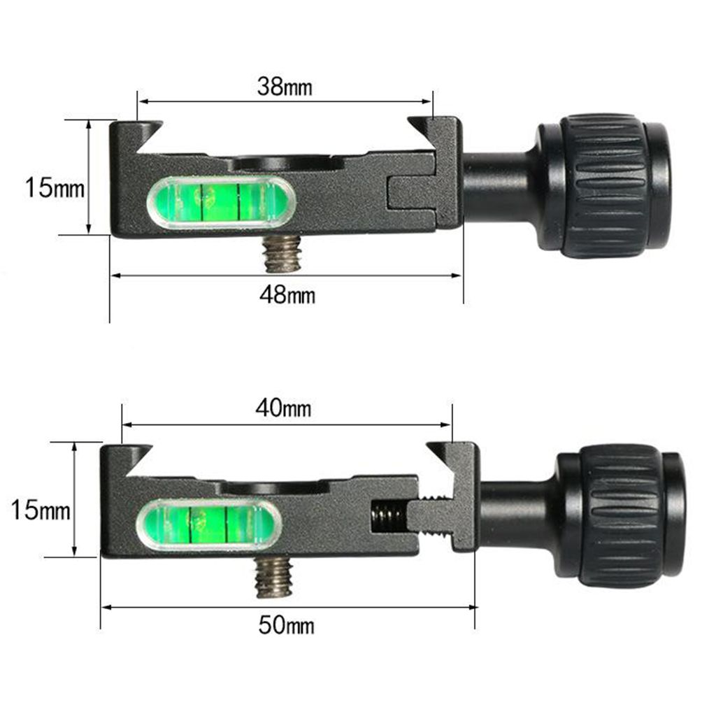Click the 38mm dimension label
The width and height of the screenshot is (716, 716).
click(285, 87)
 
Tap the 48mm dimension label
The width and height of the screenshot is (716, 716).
click(287, 294)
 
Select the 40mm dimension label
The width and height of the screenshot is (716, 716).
click(284, 408)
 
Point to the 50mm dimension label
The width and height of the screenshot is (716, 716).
click(286, 625)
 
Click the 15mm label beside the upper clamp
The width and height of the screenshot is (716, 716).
click(55, 187)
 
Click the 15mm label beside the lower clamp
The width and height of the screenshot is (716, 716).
click(41, 510)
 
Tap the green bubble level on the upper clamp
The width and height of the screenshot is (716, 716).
click(221, 202)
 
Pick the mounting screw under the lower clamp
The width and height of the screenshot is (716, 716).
click(273, 578)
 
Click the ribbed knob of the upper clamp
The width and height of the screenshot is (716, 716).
click(603, 185)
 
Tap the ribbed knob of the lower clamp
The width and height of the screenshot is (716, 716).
click(619, 515)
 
